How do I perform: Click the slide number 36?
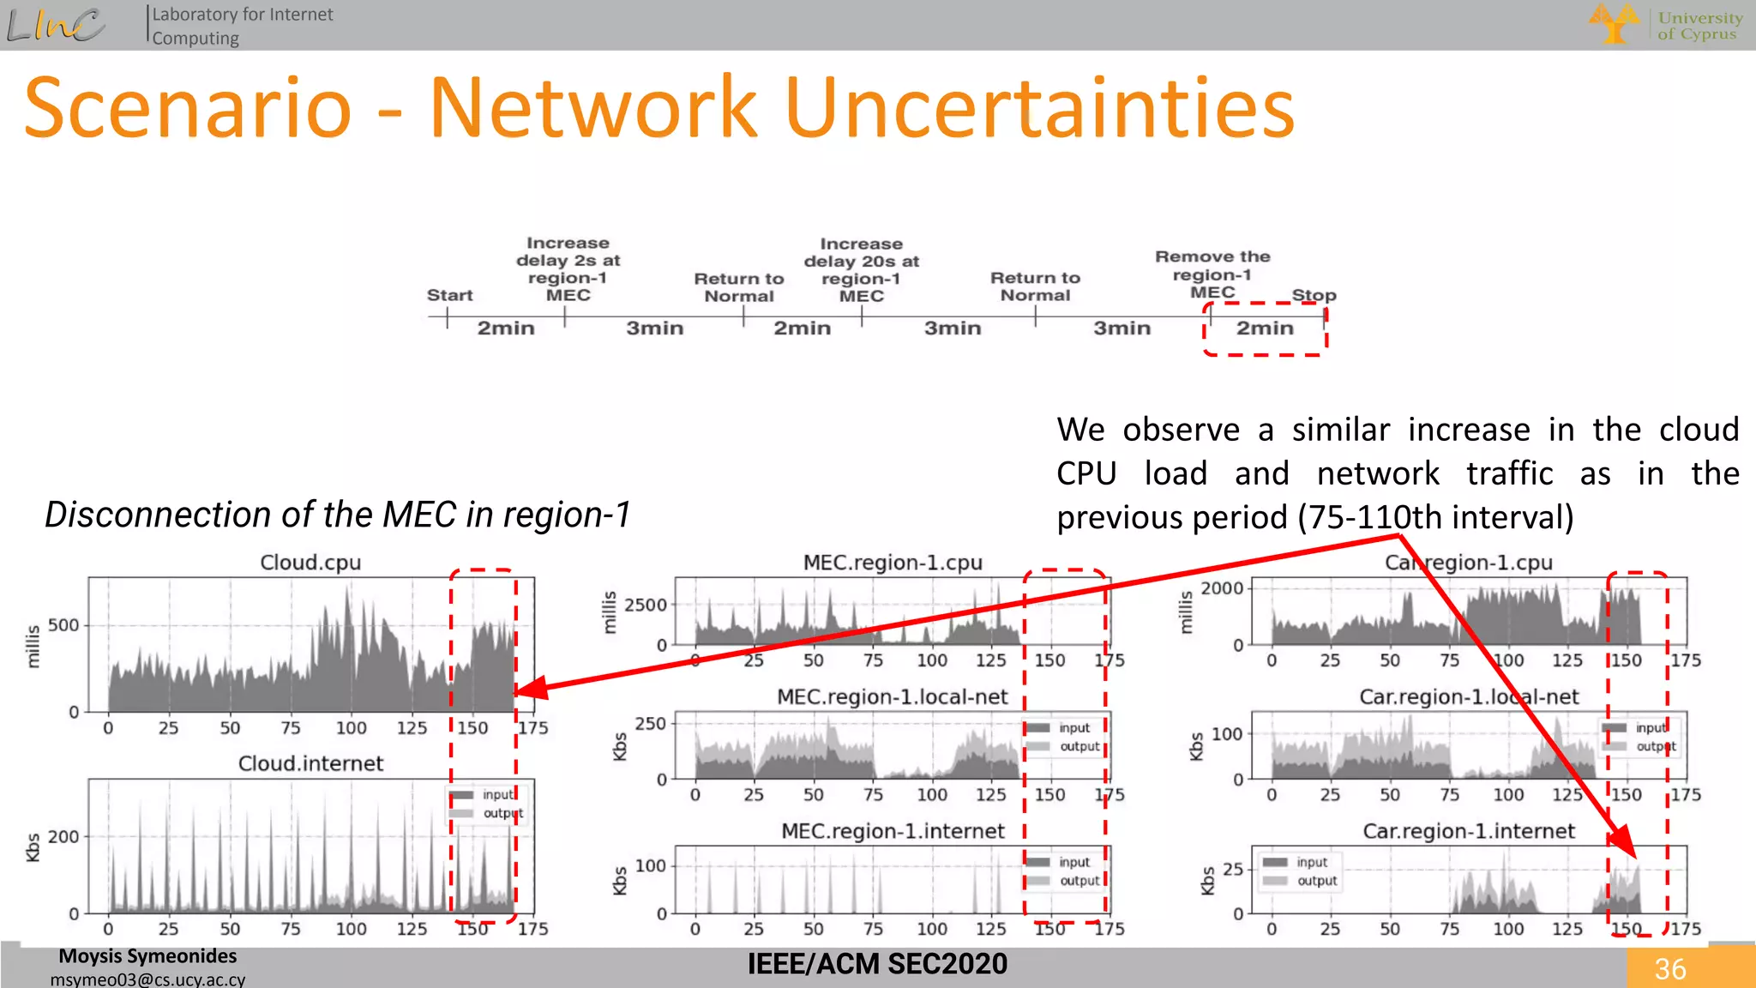coord(1669,969)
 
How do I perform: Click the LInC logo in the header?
coord(57,24)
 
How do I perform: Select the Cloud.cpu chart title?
coord(310,563)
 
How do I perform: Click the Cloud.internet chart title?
coord(310,763)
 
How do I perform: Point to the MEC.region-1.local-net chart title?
coord(892,696)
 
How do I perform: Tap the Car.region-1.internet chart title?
coord(1469,831)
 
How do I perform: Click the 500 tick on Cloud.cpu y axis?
coord(63,625)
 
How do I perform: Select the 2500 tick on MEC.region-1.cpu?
coord(646,605)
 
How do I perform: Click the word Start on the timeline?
coord(449,295)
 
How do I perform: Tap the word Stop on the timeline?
coord(1314,295)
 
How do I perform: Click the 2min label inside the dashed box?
coord(1265,328)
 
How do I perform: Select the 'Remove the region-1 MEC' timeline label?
coord(1212,274)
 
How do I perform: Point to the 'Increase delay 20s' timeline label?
coord(861,269)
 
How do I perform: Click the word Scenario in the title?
coord(188,108)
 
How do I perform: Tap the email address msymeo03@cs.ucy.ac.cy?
coord(147,979)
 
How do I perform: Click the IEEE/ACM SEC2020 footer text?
coord(877,964)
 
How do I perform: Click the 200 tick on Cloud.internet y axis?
coord(63,836)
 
